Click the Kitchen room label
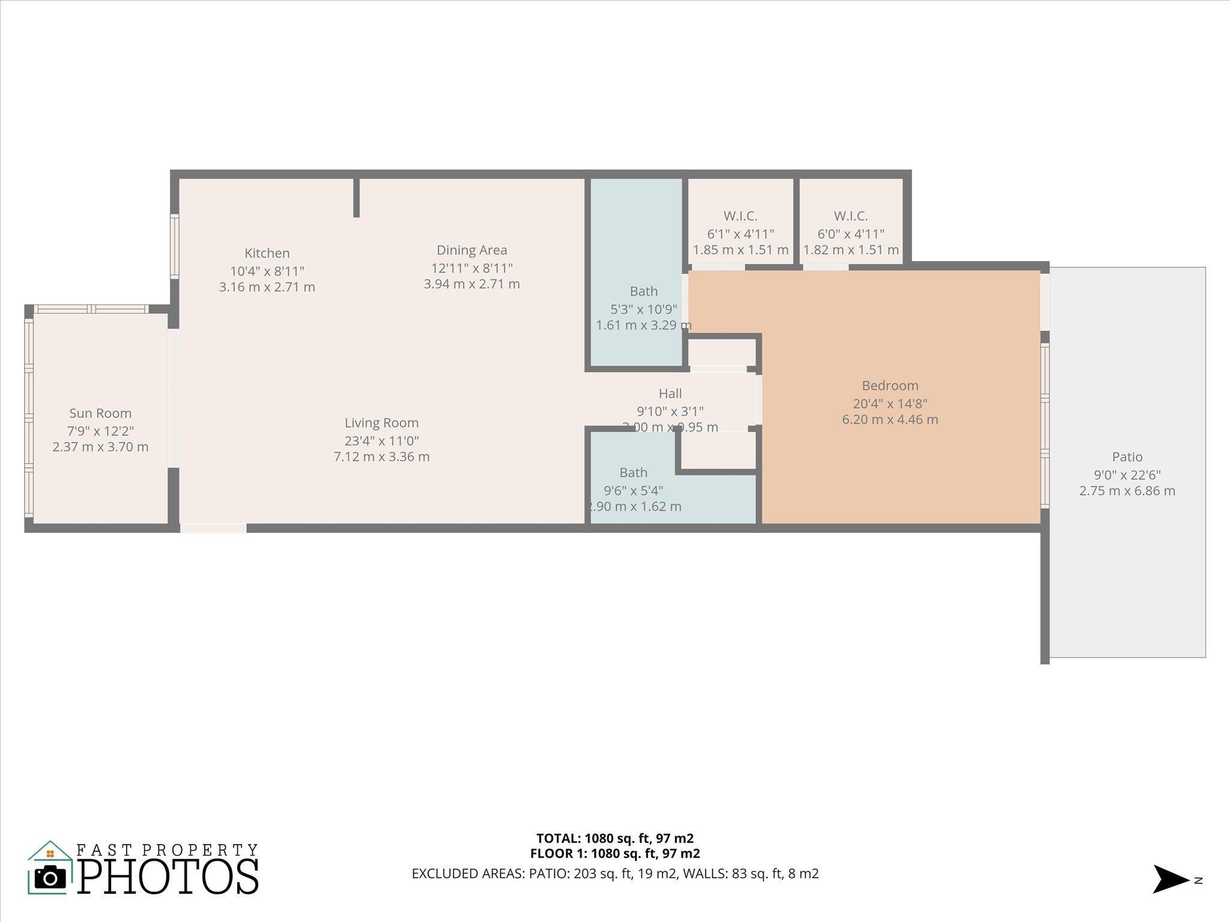[267, 253]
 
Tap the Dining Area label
[471, 250]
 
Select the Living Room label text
[381, 423]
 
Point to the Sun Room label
[100, 413]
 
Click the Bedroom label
[889, 386]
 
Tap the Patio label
[1127, 457]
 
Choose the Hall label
[670, 394]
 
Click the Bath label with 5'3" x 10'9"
[643, 292]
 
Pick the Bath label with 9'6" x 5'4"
[633, 473]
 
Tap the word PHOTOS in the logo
[168, 877]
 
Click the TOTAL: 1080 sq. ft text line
[614, 838]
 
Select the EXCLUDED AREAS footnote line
[614, 873]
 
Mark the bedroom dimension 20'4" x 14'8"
[889, 403]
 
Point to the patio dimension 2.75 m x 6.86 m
[1127, 491]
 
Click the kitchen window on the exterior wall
[175, 246]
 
